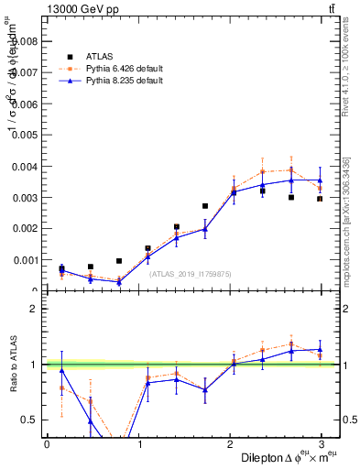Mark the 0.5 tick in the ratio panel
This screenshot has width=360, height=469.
[x=27, y=420]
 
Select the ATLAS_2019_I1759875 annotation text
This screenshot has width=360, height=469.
[x=191, y=273]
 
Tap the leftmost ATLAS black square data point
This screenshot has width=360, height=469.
[x=61, y=268]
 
